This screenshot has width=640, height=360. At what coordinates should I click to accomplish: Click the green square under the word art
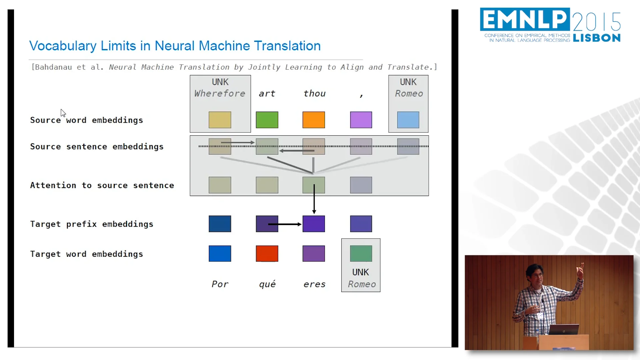tap(267, 120)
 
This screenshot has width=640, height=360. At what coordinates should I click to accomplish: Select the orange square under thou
tap(314, 120)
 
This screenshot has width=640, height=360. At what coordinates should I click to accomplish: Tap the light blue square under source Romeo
tap(408, 120)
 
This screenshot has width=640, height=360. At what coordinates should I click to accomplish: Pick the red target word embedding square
tap(267, 254)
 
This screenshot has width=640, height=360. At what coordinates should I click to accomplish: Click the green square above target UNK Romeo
tap(361, 254)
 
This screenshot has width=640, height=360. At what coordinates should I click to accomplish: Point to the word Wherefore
tap(220, 94)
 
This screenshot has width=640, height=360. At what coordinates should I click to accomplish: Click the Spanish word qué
tap(267, 284)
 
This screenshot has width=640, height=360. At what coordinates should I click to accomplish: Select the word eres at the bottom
tap(314, 284)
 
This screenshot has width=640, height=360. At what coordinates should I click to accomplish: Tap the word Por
tap(220, 284)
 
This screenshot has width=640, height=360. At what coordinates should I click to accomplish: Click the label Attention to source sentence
tap(102, 185)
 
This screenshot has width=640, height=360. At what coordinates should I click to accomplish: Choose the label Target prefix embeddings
tap(92, 224)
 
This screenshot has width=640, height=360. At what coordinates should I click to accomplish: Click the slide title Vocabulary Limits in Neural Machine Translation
tap(175, 46)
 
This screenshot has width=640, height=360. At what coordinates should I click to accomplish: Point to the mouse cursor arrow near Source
tap(63, 113)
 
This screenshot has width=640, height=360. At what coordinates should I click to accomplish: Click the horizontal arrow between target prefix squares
tap(284, 224)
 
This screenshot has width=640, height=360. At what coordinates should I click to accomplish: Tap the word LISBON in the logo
tap(597, 38)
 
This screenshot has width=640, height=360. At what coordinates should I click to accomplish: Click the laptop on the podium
tap(564, 329)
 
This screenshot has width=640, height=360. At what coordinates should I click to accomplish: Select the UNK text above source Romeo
tap(408, 82)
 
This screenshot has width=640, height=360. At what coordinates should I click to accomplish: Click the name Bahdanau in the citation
tap(53, 67)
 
